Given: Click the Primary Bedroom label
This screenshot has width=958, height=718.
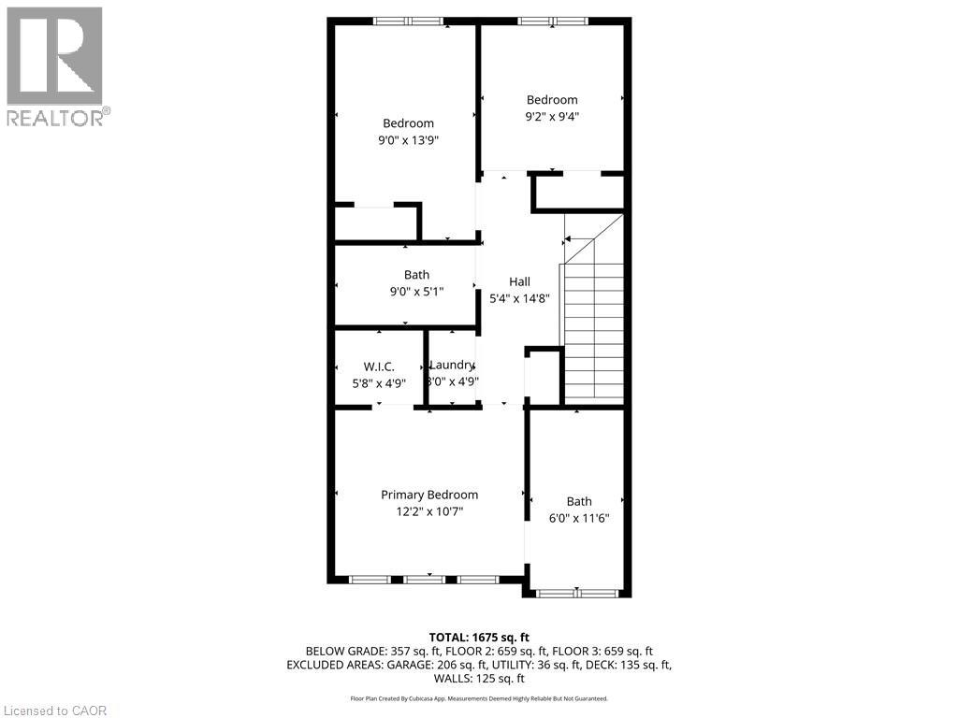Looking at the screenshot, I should coord(428,495).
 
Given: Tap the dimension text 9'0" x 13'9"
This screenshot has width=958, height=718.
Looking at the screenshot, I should coord(408,140).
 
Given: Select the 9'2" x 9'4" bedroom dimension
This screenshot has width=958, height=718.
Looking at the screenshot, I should coord(552,117).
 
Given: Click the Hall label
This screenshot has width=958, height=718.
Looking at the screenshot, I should coord(519,281).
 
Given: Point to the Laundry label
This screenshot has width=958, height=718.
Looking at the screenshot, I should coord(453,365).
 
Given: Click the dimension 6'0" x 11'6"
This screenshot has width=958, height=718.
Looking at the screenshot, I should coord(578,519).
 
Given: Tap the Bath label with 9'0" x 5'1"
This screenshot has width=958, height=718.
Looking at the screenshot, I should coord(416,274).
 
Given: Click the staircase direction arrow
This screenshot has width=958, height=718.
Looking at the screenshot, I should coord(569,239).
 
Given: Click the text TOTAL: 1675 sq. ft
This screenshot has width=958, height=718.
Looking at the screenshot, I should coord(479,637).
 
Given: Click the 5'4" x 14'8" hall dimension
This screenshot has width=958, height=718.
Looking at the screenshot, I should coord(519,298).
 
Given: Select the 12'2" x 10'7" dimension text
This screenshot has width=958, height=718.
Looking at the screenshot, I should coord(428,511).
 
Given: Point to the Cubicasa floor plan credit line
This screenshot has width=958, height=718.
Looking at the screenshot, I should coord(479,698).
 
